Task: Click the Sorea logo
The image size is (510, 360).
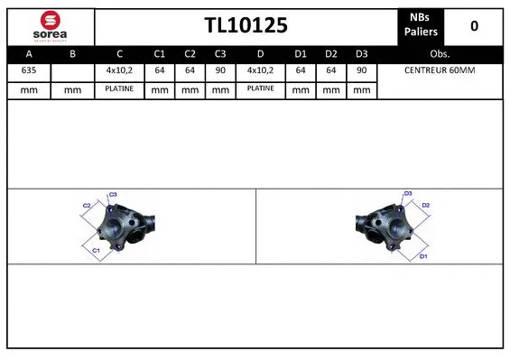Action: [49, 25]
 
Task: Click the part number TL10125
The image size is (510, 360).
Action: [246, 25]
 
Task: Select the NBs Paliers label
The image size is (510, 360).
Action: [420, 25]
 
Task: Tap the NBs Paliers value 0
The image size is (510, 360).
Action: [474, 26]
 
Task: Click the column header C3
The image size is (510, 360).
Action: [219, 53]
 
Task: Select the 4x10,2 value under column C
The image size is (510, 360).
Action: [119, 70]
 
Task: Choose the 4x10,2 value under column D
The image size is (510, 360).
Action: [261, 70]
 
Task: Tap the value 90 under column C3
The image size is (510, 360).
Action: [219, 70]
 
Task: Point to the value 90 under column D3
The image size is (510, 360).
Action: [361, 70]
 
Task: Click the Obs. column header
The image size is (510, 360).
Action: [440, 53]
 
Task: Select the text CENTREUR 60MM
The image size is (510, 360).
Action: [440, 70]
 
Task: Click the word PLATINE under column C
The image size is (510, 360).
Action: [119, 88]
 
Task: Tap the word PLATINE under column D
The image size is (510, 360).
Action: [261, 88]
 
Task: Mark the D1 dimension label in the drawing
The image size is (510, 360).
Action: [422, 257]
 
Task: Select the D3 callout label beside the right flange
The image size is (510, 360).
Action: [408, 194]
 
